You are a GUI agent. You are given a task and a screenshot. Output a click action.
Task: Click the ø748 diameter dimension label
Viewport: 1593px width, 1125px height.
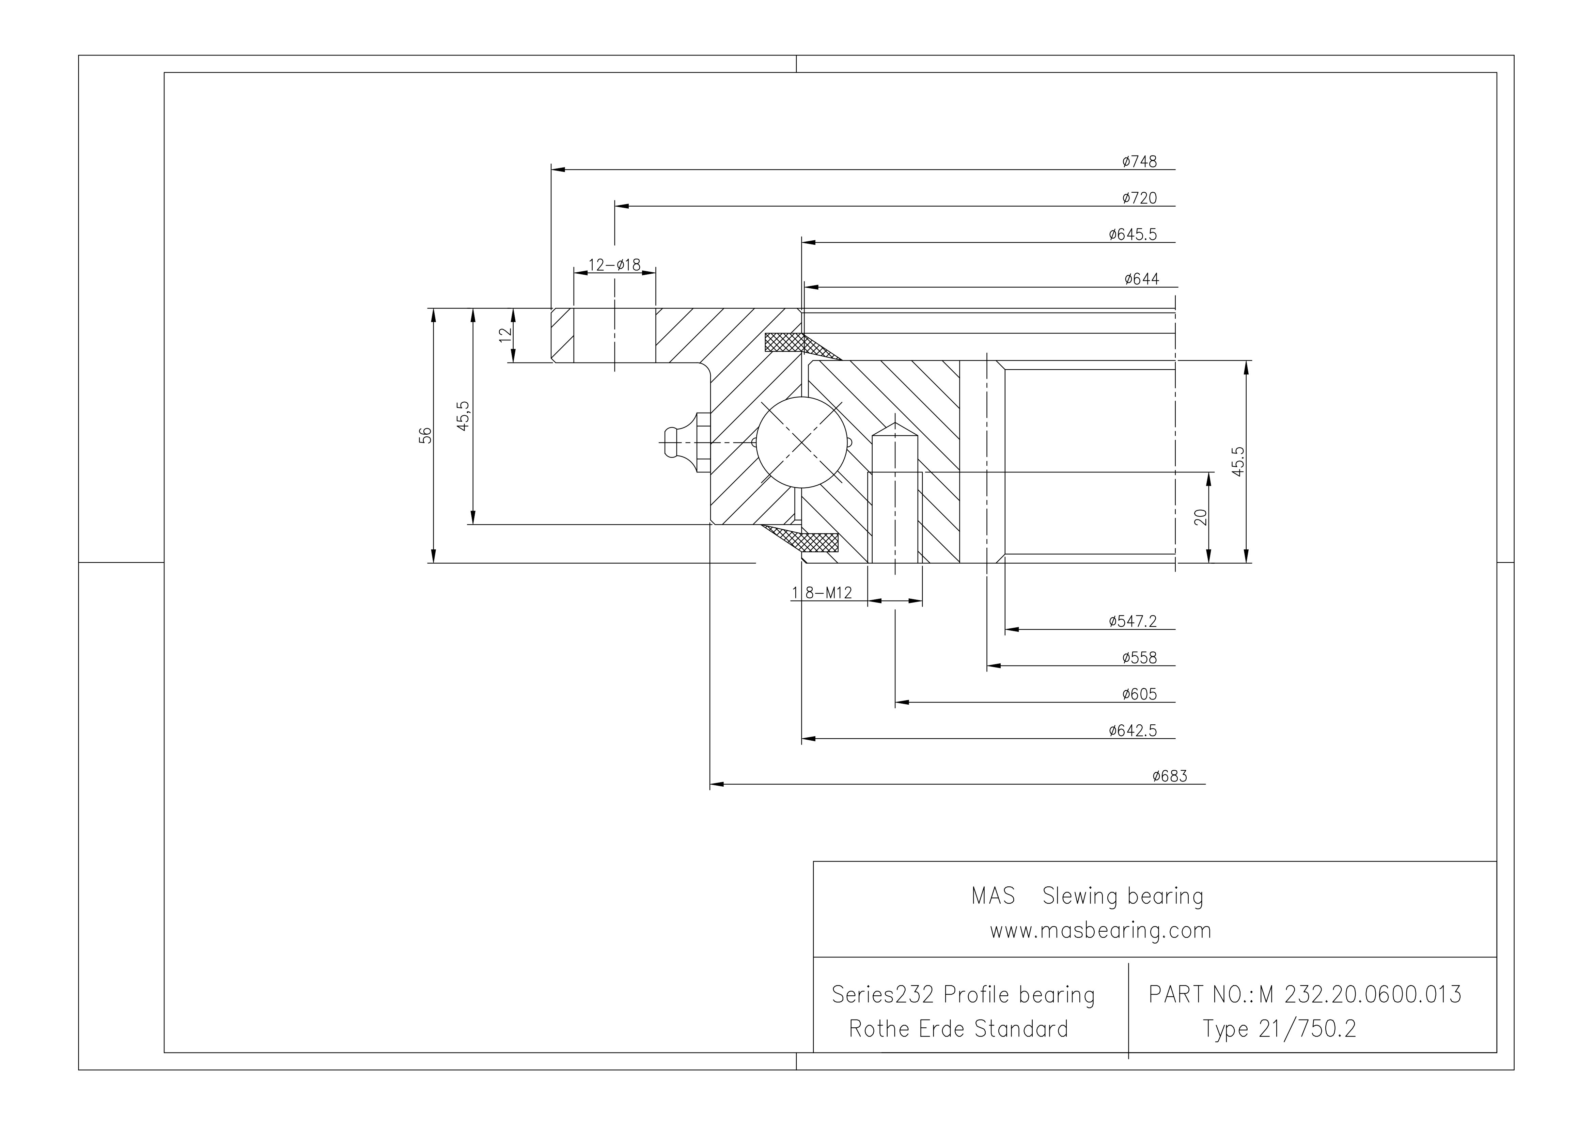coord(1139,162)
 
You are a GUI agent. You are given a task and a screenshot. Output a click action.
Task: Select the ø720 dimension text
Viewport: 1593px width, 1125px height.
coord(1139,198)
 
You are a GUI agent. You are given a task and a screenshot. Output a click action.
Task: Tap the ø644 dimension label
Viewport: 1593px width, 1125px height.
coord(1141,279)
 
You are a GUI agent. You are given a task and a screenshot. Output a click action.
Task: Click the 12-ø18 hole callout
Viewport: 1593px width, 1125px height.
coord(614,265)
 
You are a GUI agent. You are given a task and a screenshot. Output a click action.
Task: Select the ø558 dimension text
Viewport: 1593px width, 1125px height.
coord(1139,658)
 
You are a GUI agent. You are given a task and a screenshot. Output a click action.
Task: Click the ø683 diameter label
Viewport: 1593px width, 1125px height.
coord(1170,776)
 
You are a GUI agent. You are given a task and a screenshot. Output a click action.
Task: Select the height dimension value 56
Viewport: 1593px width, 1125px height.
coord(426,435)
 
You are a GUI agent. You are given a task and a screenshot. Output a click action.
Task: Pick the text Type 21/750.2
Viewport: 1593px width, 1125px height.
coord(1279,1029)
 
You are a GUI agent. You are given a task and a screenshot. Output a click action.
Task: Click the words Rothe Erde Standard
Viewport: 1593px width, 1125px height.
coord(958,1029)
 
